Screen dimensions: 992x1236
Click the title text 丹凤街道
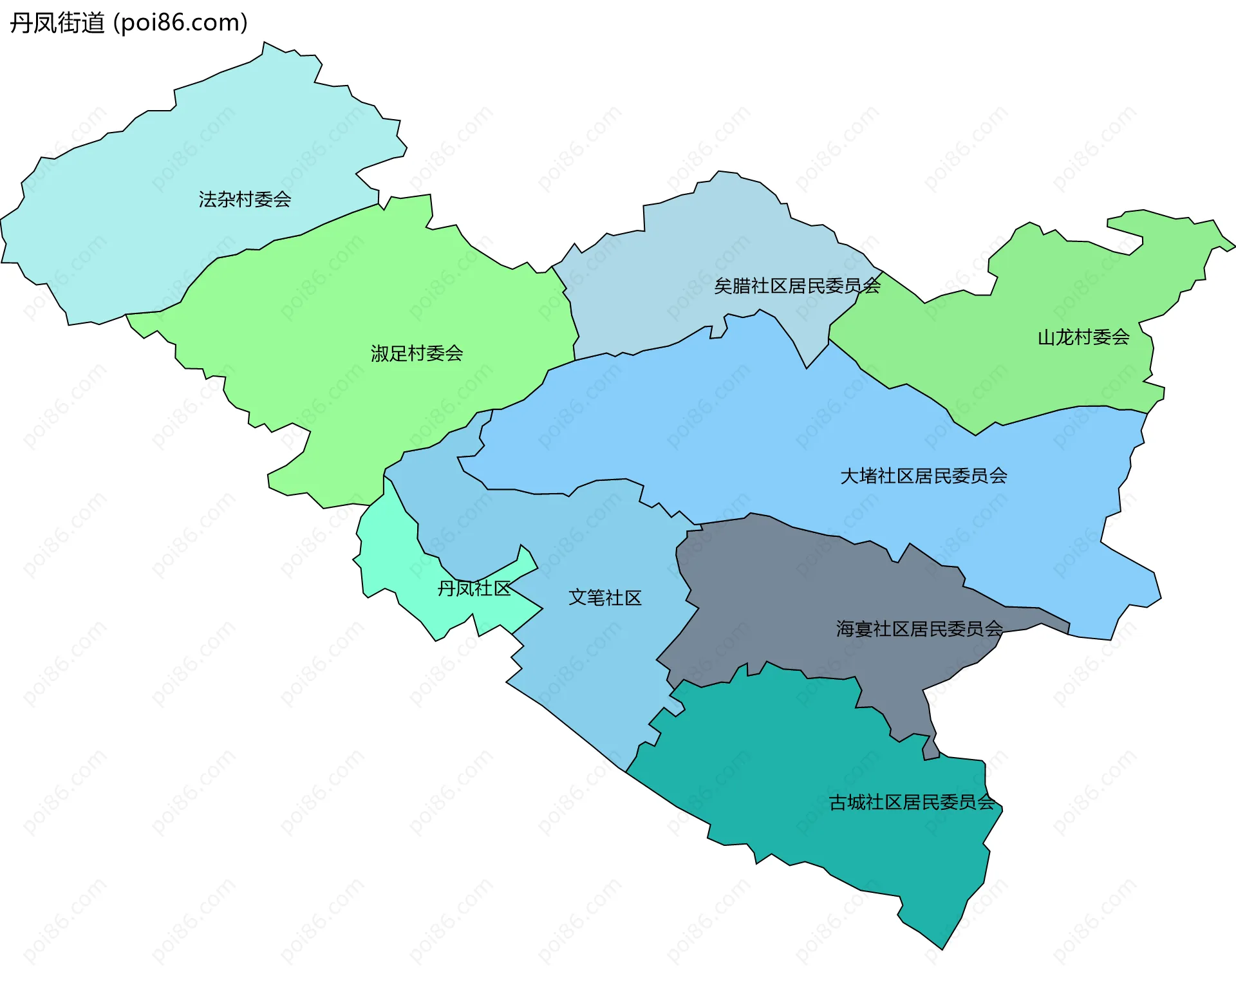click(x=57, y=23)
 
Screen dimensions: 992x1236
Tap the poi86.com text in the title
click(x=180, y=23)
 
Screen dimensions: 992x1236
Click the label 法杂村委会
click(x=245, y=200)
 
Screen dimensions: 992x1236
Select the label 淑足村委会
click(x=417, y=353)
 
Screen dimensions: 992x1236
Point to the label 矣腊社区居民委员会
click(x=797, y=286)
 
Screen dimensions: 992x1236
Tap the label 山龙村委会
click(x=1083, y=337)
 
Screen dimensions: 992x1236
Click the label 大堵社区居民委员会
click(x=923, y=476)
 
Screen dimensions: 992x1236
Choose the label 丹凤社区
click(x=474, y=588)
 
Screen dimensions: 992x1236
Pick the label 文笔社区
click(x=604, y=598)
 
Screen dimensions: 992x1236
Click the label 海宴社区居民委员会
click(x=919, y=629)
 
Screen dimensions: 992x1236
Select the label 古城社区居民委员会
click(x=912, y=803)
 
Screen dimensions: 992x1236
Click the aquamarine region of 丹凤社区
click(x=393, y=560)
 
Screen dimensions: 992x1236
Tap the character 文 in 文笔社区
click(x=577, y=598)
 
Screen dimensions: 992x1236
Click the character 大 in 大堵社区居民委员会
click(x=849, y=476)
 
